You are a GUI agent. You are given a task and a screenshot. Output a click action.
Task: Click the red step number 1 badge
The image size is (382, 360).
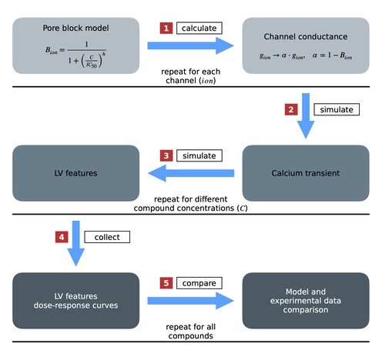166,28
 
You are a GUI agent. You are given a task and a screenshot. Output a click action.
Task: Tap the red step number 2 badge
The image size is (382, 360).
291,109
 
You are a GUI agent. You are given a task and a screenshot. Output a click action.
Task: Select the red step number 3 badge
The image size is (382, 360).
166,156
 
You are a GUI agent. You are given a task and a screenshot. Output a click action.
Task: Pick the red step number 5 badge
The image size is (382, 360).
166,284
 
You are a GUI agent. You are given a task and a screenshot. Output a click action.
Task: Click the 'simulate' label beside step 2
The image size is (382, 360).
331,109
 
